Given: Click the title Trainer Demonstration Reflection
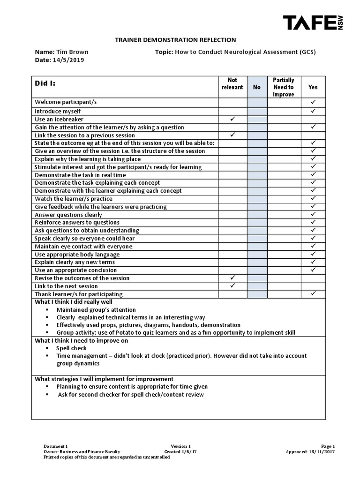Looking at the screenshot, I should [176, 40].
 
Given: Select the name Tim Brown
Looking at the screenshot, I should [72, 52].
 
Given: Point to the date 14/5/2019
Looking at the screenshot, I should [70, 60].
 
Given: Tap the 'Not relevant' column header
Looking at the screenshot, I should [232, 84].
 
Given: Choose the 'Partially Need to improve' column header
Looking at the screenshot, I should [283, 87].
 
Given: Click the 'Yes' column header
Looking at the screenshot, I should [313, 87].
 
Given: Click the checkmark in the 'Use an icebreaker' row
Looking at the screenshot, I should [232, 119].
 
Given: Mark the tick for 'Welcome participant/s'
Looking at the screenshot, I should [313, 102].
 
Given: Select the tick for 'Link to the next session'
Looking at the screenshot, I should [232, 285].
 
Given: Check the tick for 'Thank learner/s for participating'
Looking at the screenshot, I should [313, 293].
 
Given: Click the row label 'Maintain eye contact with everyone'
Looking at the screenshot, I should [83, 247].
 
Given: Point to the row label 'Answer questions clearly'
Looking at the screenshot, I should [68, 215].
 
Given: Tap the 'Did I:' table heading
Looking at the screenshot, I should [45, 83].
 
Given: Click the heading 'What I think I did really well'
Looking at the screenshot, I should [74, 302].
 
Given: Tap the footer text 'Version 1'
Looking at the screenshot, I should [180, 447].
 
